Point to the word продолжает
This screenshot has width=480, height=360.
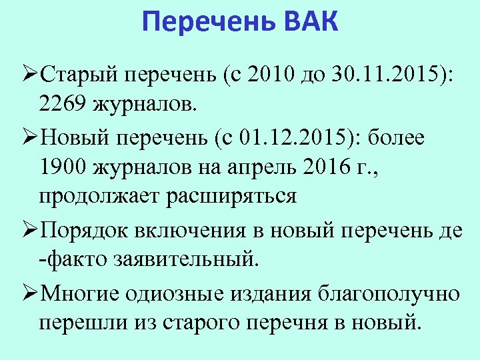(x=99, y=197)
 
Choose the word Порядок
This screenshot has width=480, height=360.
(x=85, y=231)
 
